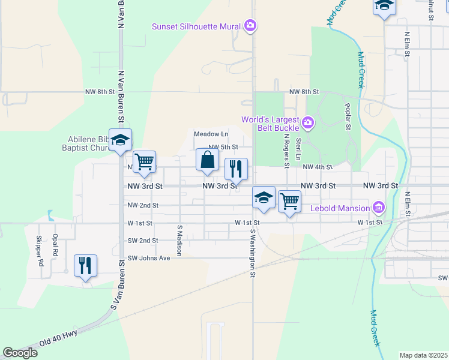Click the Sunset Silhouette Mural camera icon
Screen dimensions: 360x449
pos(250,26)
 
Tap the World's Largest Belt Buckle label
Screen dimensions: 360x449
pos(270,123)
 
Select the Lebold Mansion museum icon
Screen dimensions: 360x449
pos(379,208)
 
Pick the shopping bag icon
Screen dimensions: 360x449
pos(207,160)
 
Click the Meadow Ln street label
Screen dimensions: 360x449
pos(211,134)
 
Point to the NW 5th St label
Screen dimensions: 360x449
pos(223,147)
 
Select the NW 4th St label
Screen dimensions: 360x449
pos(318,167)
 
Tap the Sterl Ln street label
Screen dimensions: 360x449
pos(298,149)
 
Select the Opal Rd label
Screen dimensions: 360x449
pos(55,245)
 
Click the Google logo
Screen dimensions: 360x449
pos(20,353)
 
